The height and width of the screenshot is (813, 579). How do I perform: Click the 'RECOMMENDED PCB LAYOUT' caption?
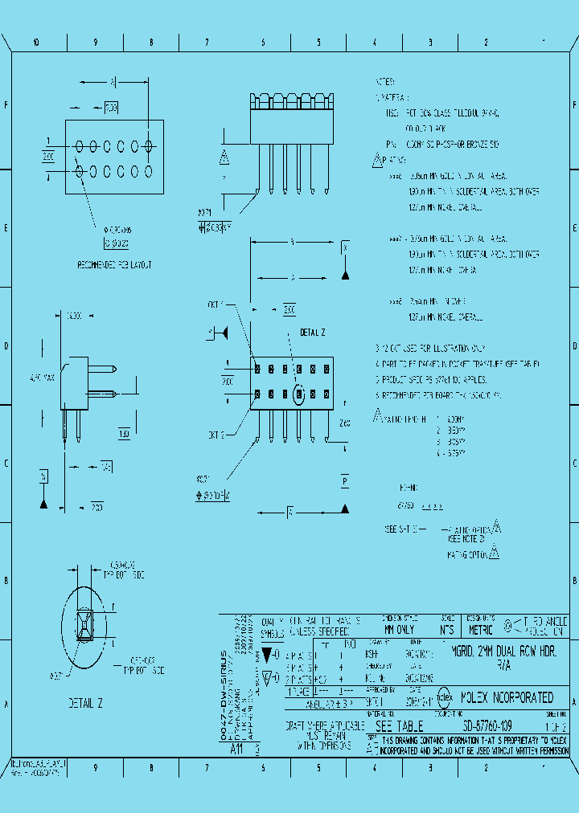click(x=114, y=264)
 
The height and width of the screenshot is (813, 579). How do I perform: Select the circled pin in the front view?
click(x=299, y=394)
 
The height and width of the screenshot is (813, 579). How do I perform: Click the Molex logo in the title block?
click(x=443, y=697)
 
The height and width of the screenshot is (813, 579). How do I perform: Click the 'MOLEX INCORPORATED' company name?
click(x=504, y=697)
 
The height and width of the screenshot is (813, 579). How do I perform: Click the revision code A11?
click(x=236, y=748)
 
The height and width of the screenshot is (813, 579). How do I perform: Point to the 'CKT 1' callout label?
click(x=216, y=304)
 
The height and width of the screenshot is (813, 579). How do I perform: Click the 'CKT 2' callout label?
click(x=216, y=435)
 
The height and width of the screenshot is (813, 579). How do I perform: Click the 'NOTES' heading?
click(x=385, y=82)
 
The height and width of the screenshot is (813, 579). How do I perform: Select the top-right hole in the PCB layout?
click(x=149, y=146)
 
